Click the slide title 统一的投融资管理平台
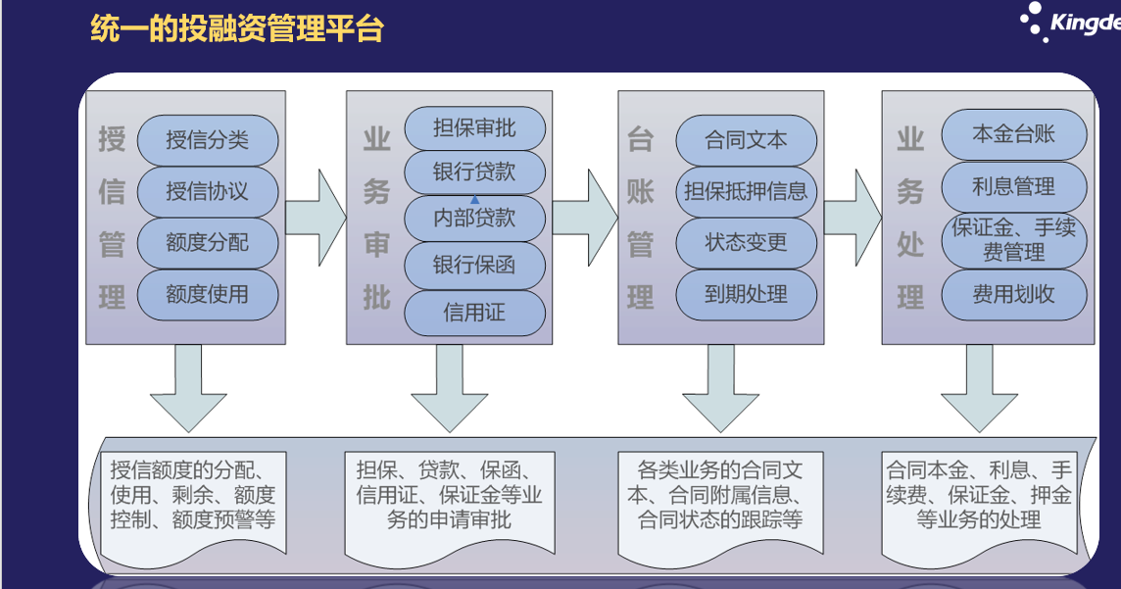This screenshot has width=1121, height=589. point(236,29)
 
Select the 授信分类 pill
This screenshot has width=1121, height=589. point(208,140)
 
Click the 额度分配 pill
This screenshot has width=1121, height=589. point(208,243)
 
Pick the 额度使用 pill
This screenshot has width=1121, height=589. point(208,294)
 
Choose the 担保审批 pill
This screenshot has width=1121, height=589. point(474,128)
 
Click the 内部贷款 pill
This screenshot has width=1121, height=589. point(474,219)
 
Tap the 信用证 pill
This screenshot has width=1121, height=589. point(474,313)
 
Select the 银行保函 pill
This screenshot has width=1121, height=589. point(474,266)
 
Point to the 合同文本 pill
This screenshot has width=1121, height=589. point(747,140)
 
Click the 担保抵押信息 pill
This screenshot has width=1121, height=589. point(747,191)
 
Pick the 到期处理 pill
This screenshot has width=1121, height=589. point(747,294)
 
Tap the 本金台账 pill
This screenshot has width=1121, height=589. point(1014,134)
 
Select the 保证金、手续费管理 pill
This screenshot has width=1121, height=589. point(1014,240)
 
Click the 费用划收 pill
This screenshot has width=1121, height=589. point(1014,294)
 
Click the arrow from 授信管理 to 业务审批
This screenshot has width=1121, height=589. point(316,218)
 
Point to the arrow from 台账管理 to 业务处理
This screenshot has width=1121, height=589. point(853,218)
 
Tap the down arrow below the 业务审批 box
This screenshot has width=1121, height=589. point(449,387)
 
